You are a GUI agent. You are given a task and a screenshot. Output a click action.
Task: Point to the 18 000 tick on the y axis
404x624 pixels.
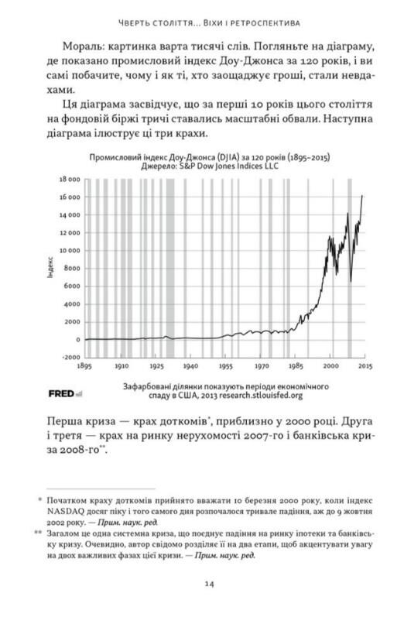coord(67,179)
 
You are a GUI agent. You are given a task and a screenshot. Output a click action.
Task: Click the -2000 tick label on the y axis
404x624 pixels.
coord(67,358)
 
